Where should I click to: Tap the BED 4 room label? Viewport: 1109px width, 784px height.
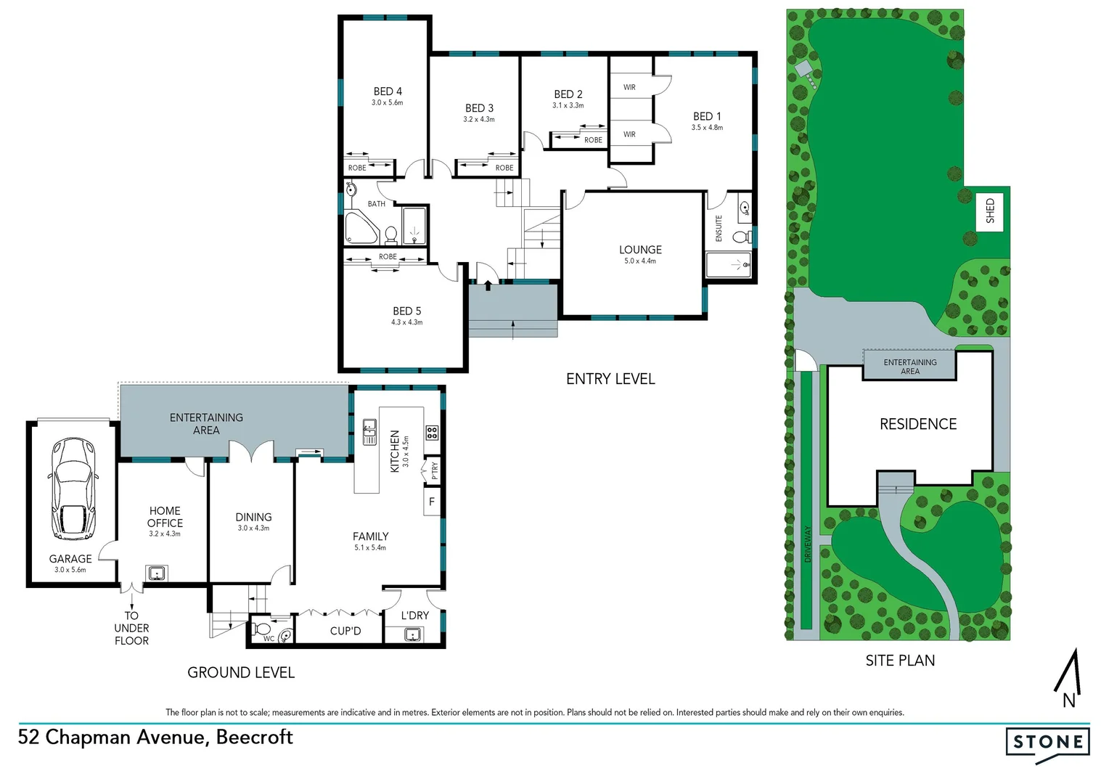(x=388, y=91)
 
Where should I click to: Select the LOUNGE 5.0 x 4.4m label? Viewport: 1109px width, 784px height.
(x=640, y=254)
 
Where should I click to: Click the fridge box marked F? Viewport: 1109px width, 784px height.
(x=432, y=502)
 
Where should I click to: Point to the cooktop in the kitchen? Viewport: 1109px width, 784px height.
(x=432, y=433)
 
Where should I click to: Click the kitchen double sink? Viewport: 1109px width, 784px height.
(x=369, y=432)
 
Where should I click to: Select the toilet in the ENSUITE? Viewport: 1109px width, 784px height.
(x=741, y=237)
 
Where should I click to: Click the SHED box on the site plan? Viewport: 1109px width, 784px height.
(x=990, y=211)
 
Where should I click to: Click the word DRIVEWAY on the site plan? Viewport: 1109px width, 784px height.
(x=808, y=544)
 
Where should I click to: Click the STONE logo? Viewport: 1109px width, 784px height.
(x=1047, y=742)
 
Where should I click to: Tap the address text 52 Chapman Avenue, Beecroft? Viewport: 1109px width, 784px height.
(x=155, y=738)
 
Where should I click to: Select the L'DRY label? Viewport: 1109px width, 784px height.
(x=415, y=616)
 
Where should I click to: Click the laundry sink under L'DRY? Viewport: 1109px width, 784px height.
(x=414, y=635)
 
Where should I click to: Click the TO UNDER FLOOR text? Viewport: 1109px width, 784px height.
(x=131, y=628)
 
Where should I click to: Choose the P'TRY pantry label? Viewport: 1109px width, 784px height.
(x=435, y=470)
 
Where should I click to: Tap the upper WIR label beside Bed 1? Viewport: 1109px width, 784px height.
(x=629, y=87)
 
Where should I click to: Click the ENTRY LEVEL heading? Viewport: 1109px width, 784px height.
(x=610, y=379)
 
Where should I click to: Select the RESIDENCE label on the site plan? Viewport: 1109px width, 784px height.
(x=918, y=424)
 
